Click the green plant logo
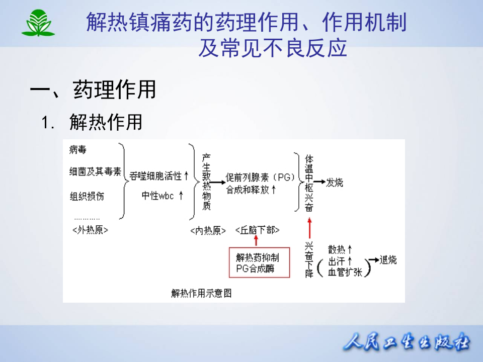pos(38,23)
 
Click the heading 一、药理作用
pos(93,90)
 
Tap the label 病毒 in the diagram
pos(78,149)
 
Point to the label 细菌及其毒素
pos(95,172)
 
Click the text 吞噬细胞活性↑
pos(158,175)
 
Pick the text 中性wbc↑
pos(162,196)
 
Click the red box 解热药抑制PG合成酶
pos(259,263)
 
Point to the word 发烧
pos(335,183)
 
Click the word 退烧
pos(388,260)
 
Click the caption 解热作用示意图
pos(201,293)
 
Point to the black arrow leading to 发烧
pos(319,183)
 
